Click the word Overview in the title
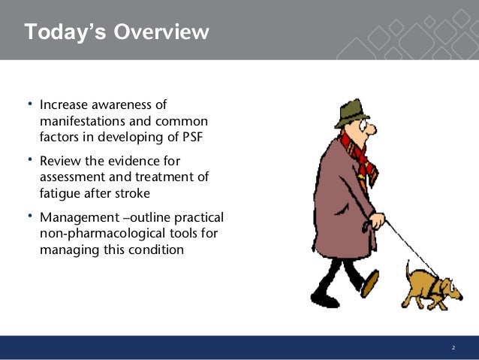161,32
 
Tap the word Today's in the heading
65,32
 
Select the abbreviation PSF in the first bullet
193,137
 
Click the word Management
80,218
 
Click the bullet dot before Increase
30,104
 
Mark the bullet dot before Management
30,216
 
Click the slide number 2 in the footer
453,347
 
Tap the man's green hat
352,113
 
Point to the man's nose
372,129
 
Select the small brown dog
432,288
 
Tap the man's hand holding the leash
378,220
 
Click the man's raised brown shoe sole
370,283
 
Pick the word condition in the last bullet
156,250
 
